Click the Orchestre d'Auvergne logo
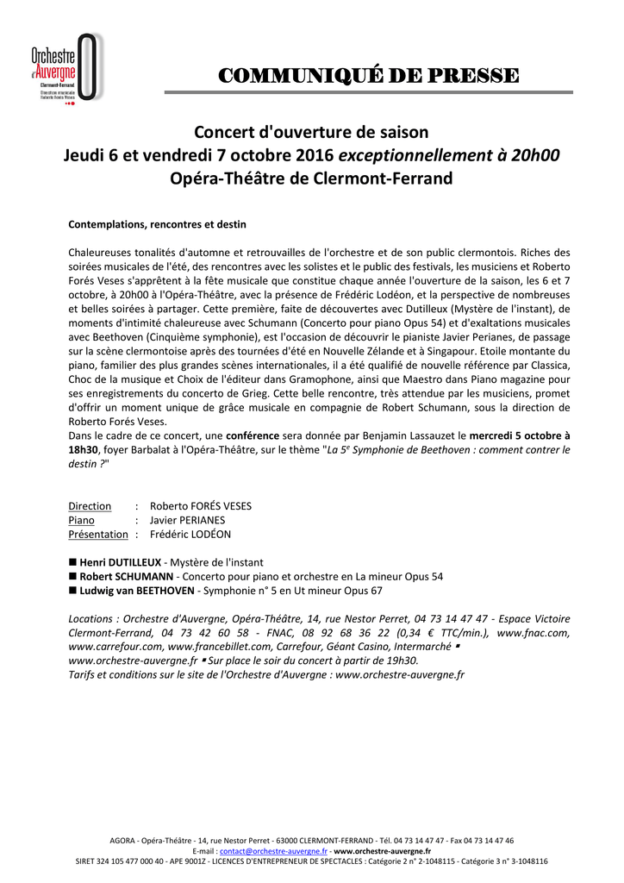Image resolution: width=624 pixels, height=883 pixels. click(x=66, y=68)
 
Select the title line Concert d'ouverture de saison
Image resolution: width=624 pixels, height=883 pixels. click(x=311, y=133)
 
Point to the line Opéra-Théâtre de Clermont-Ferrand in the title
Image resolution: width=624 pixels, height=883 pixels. click(x=311, y=179)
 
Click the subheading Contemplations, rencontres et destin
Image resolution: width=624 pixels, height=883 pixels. click(x=157, y=224)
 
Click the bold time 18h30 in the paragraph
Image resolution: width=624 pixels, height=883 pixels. click(x=83, y=449)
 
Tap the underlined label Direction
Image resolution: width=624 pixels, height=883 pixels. click(x=90, y=506)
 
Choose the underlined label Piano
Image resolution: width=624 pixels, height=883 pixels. click(x=82, y=520)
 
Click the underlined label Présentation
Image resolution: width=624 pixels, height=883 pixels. click(x=97, y=535)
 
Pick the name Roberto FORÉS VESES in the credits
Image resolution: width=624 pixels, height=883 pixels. click(x=201, y=506)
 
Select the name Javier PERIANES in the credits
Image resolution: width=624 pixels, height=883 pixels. click(x=187, y=520)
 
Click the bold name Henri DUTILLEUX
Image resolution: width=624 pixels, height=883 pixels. click(x=121, y=562)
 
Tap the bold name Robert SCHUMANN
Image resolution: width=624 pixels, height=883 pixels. click(x=127, y=576)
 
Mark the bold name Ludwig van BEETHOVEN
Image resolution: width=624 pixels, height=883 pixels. click(x=137, y=591)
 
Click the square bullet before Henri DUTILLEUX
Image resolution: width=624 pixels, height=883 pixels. click(x=72, y=562)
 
